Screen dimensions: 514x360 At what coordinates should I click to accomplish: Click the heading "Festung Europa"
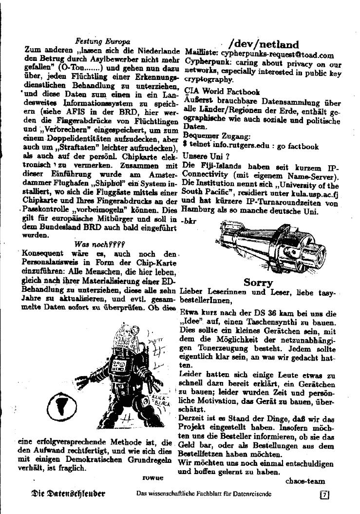click(x=103, y=41)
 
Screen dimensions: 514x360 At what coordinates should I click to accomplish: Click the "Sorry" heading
click(x=258, y=283)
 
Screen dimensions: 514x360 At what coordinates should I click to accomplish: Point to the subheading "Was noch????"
click(x=100, y=244)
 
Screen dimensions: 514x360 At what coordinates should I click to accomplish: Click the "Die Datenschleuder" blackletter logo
click(x=68, y=494)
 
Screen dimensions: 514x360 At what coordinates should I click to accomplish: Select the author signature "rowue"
click(x=153, y=478)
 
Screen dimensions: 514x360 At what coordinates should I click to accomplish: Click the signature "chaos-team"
click(x=305, y=481)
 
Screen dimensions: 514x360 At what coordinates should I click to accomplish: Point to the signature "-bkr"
click(x=188, y=221)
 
